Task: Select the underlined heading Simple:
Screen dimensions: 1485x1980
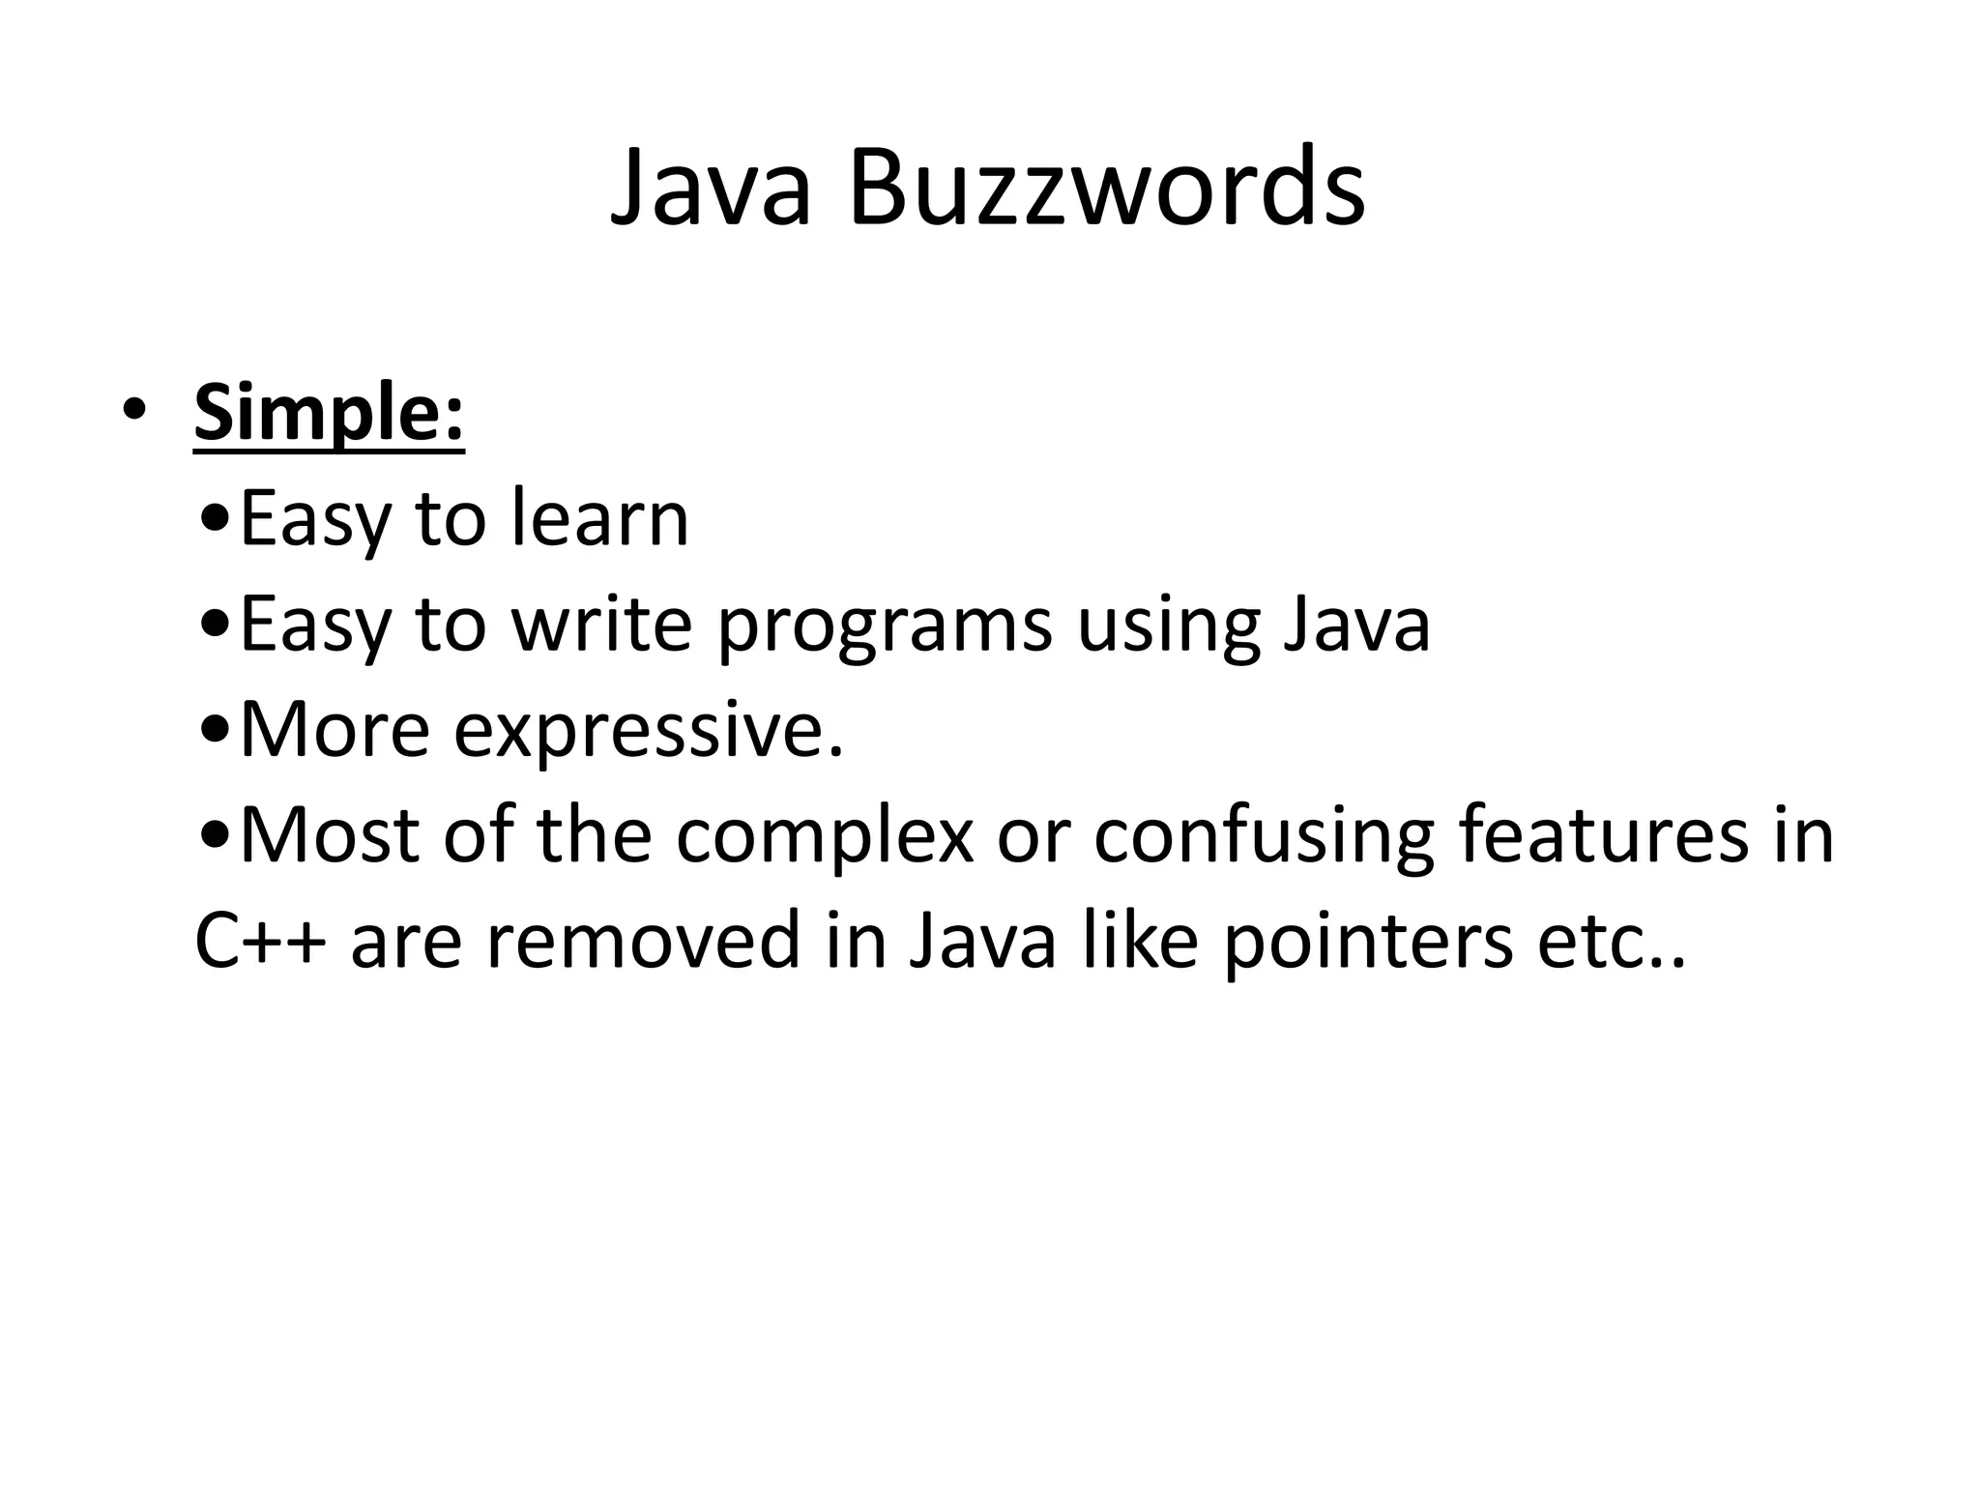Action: point(329,413)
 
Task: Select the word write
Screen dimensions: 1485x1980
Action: point(601,625)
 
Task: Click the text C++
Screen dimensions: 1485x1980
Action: point(259,941)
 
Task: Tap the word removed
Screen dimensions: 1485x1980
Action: point(643,941)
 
